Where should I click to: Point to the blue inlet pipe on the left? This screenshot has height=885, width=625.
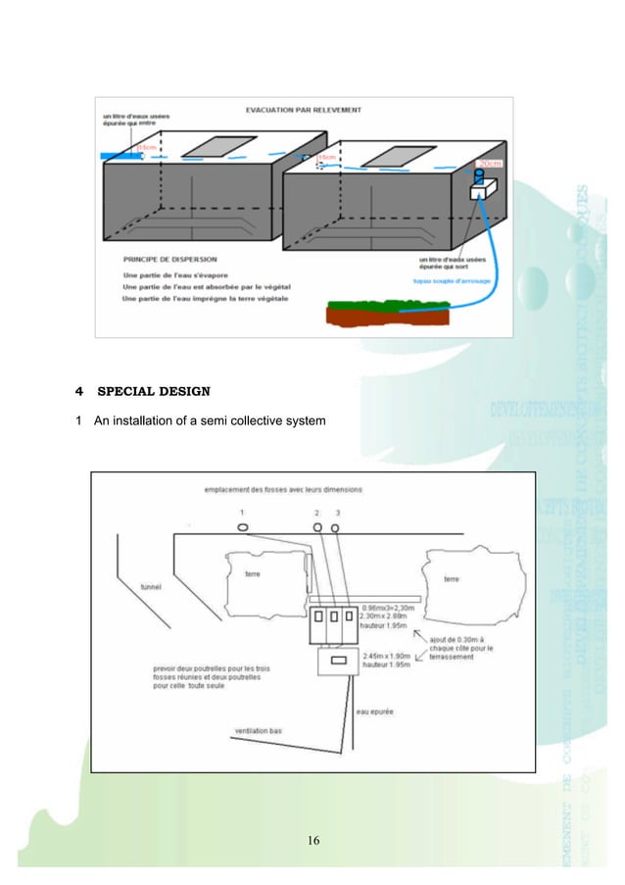click(x=120, y=156)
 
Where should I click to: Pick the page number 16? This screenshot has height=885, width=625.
click(x=313, y=839)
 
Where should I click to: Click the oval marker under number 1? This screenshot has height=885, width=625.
click(x=242, y=527)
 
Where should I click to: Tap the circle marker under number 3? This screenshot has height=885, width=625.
click(x=335, y=528)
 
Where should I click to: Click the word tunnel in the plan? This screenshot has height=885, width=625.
click(x=153, y=586)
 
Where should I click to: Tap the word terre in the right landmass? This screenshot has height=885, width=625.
click(x=451, y=579)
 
